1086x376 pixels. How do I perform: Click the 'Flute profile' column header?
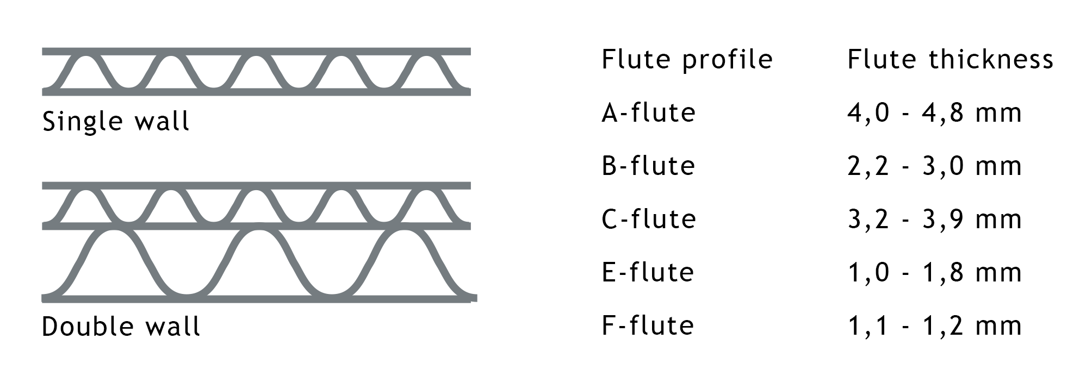(687, 59)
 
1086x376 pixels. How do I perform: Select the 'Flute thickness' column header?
(950, 59)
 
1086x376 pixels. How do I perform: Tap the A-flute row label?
(648, 112)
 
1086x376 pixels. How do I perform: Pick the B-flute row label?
(648, 166)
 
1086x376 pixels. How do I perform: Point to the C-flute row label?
(648, 219)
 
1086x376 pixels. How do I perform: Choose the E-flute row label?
(648, 272)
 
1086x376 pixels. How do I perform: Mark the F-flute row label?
(648, 325)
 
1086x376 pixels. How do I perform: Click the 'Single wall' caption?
(116, 122)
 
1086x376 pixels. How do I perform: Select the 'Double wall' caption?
(121, 327)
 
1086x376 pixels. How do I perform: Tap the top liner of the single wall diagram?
(256, 52)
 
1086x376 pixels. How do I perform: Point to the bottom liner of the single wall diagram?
(256, 92)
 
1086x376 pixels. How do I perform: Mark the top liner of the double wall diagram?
(256, 186)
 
